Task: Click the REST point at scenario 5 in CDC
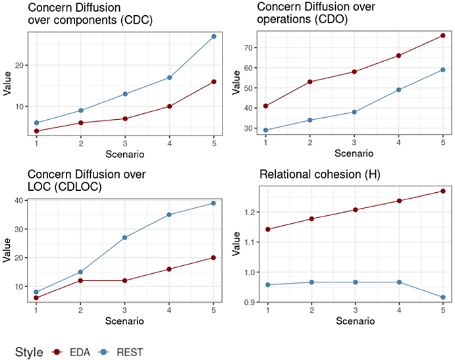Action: (213, 36)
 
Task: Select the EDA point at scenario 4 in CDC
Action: (169, 106)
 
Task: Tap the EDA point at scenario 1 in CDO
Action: (265, 106)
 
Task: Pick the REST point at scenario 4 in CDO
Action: (398, 90)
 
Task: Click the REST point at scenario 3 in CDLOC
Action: (125, 238)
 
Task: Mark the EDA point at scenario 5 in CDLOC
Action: (213, 257)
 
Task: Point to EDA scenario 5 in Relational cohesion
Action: (442, 191)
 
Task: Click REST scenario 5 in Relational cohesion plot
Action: (442, 297)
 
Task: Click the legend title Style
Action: (29, 351)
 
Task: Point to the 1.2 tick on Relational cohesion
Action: (248, 213)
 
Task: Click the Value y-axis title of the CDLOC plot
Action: (7, 250)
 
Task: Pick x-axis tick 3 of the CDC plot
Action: (125, 143)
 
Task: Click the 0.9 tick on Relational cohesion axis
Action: (248, 302)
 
